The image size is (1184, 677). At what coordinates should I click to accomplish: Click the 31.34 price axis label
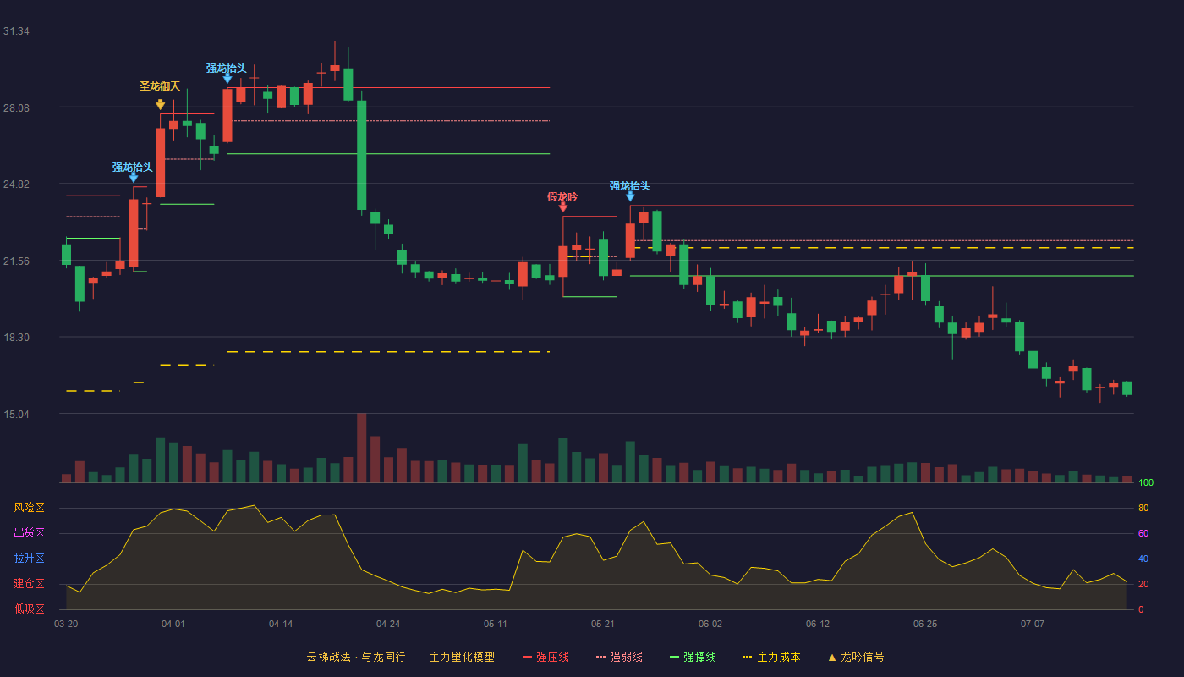click(16, 31)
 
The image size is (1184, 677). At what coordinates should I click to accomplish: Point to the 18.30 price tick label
click(16, 338)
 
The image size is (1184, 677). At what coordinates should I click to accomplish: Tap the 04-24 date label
click(388, 625)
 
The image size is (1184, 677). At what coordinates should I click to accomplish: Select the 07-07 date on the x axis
click(1033, 625)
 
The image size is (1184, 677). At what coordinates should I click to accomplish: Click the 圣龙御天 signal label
click(160, 86)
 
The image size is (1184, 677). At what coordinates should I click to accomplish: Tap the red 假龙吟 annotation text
click(562, 197)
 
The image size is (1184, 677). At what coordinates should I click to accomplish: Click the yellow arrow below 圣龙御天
click(160, 104)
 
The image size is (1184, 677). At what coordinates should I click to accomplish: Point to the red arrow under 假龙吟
click(563, 207)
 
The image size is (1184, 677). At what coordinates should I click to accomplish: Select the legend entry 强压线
click(545, 657)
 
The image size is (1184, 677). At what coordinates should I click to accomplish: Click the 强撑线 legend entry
click(693, 657)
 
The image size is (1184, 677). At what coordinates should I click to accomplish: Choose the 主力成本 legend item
click(771, 657)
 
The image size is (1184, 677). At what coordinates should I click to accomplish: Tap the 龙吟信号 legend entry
click(856, 657)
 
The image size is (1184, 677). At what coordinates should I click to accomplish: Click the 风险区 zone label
click(29, 508)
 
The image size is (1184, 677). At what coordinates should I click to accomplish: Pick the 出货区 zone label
click(29, 532)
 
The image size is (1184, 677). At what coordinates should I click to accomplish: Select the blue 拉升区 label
click(29, 558)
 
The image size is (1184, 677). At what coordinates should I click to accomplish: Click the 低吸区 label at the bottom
click(29, 608)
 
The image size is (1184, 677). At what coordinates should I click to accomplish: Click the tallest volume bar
click(362, 448)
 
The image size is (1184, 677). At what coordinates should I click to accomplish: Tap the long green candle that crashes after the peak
click(362, 155)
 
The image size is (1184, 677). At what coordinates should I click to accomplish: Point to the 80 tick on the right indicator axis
click(1143, 508)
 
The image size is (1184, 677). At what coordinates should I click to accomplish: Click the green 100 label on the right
click(1146, 482)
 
